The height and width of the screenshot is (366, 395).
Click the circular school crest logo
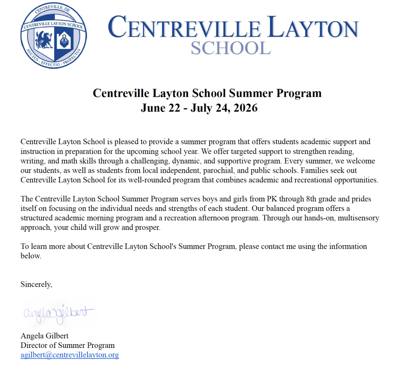click(x=54, y=35)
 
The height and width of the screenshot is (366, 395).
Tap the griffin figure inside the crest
click(x=44, y=40)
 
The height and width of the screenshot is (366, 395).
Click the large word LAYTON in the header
click(x=313, y=28)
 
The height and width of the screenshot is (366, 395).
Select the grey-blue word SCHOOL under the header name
click(x=231, y=48)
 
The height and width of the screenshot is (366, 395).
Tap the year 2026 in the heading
click(x=244, y=108)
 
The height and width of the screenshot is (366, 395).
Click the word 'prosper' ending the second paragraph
click(x=147, y=228)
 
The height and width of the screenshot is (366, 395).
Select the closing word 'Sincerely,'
click(x=36, y=285)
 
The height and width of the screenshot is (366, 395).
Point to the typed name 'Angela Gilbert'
click(x=44, y=336)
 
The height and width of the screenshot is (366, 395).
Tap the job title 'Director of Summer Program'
click(x=68, y=345)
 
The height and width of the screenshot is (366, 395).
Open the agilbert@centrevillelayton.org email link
click(x=69, y=355)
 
